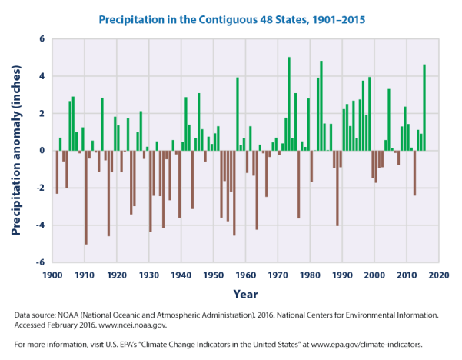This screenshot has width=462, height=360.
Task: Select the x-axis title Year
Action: [x=246, y=293]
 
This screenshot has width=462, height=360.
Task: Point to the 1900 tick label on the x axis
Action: [x=53, y=275]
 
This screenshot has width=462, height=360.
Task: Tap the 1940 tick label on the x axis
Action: [x=181, y=275]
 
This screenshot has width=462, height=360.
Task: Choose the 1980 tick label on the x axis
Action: [x=310, y=275]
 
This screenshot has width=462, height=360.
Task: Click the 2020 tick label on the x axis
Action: [x=439, y=275]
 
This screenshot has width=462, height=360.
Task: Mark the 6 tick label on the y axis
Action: [x=43, y=39]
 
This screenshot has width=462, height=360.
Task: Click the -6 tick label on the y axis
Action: [x=41, y=262]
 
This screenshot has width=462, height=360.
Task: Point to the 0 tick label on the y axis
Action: [x=43, y=151]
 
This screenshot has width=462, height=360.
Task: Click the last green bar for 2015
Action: [x=424, y=108]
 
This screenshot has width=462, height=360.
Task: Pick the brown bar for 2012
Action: [x=414, y=173]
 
